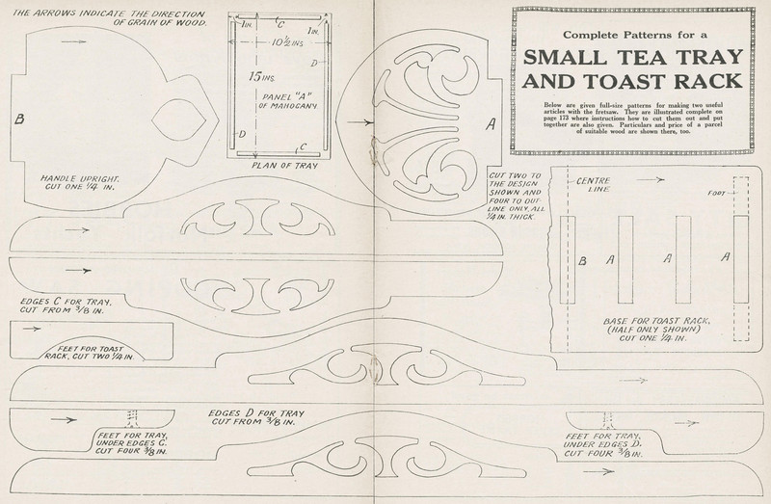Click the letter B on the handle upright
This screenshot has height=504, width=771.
coord(18,119)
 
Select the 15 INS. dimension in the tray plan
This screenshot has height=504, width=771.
coord(258,75)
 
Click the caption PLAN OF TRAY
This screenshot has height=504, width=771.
coord(279,165)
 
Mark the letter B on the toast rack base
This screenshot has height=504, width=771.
coord(581,260)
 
